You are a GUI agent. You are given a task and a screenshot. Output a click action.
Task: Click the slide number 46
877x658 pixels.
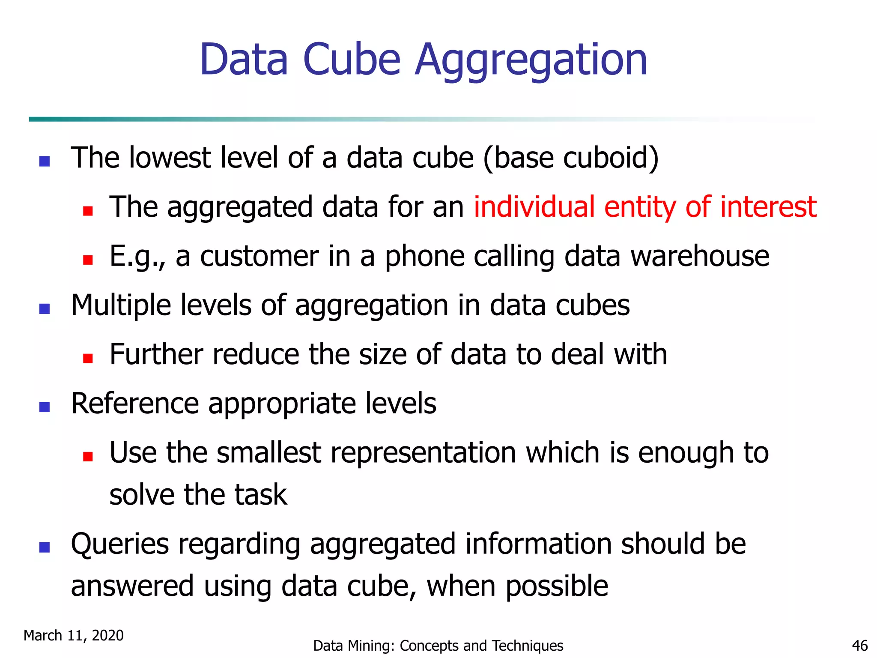point(860,646)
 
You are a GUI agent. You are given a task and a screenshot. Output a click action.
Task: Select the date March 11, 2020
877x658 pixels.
point(74,635)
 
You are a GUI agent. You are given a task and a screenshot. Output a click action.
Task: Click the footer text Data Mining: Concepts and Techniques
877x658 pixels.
point(438,646)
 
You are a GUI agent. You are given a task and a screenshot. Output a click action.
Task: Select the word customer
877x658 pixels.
point(260,256)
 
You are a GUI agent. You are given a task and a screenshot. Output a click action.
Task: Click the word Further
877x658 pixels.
point(156,354)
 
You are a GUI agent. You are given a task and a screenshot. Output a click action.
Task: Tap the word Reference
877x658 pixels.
point(135,404)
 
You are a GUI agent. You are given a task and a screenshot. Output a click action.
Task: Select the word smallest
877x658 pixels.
point(269,453)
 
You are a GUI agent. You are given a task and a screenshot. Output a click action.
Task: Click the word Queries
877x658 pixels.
point(120,544)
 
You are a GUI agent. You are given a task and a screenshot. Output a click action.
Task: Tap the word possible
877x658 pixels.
point(557,586)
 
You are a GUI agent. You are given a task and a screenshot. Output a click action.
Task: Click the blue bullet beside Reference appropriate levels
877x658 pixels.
point(45,407)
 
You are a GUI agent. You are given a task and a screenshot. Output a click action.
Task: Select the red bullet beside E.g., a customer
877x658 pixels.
point(88,260)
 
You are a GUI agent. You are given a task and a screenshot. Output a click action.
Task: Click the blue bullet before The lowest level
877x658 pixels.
point(45,161)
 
